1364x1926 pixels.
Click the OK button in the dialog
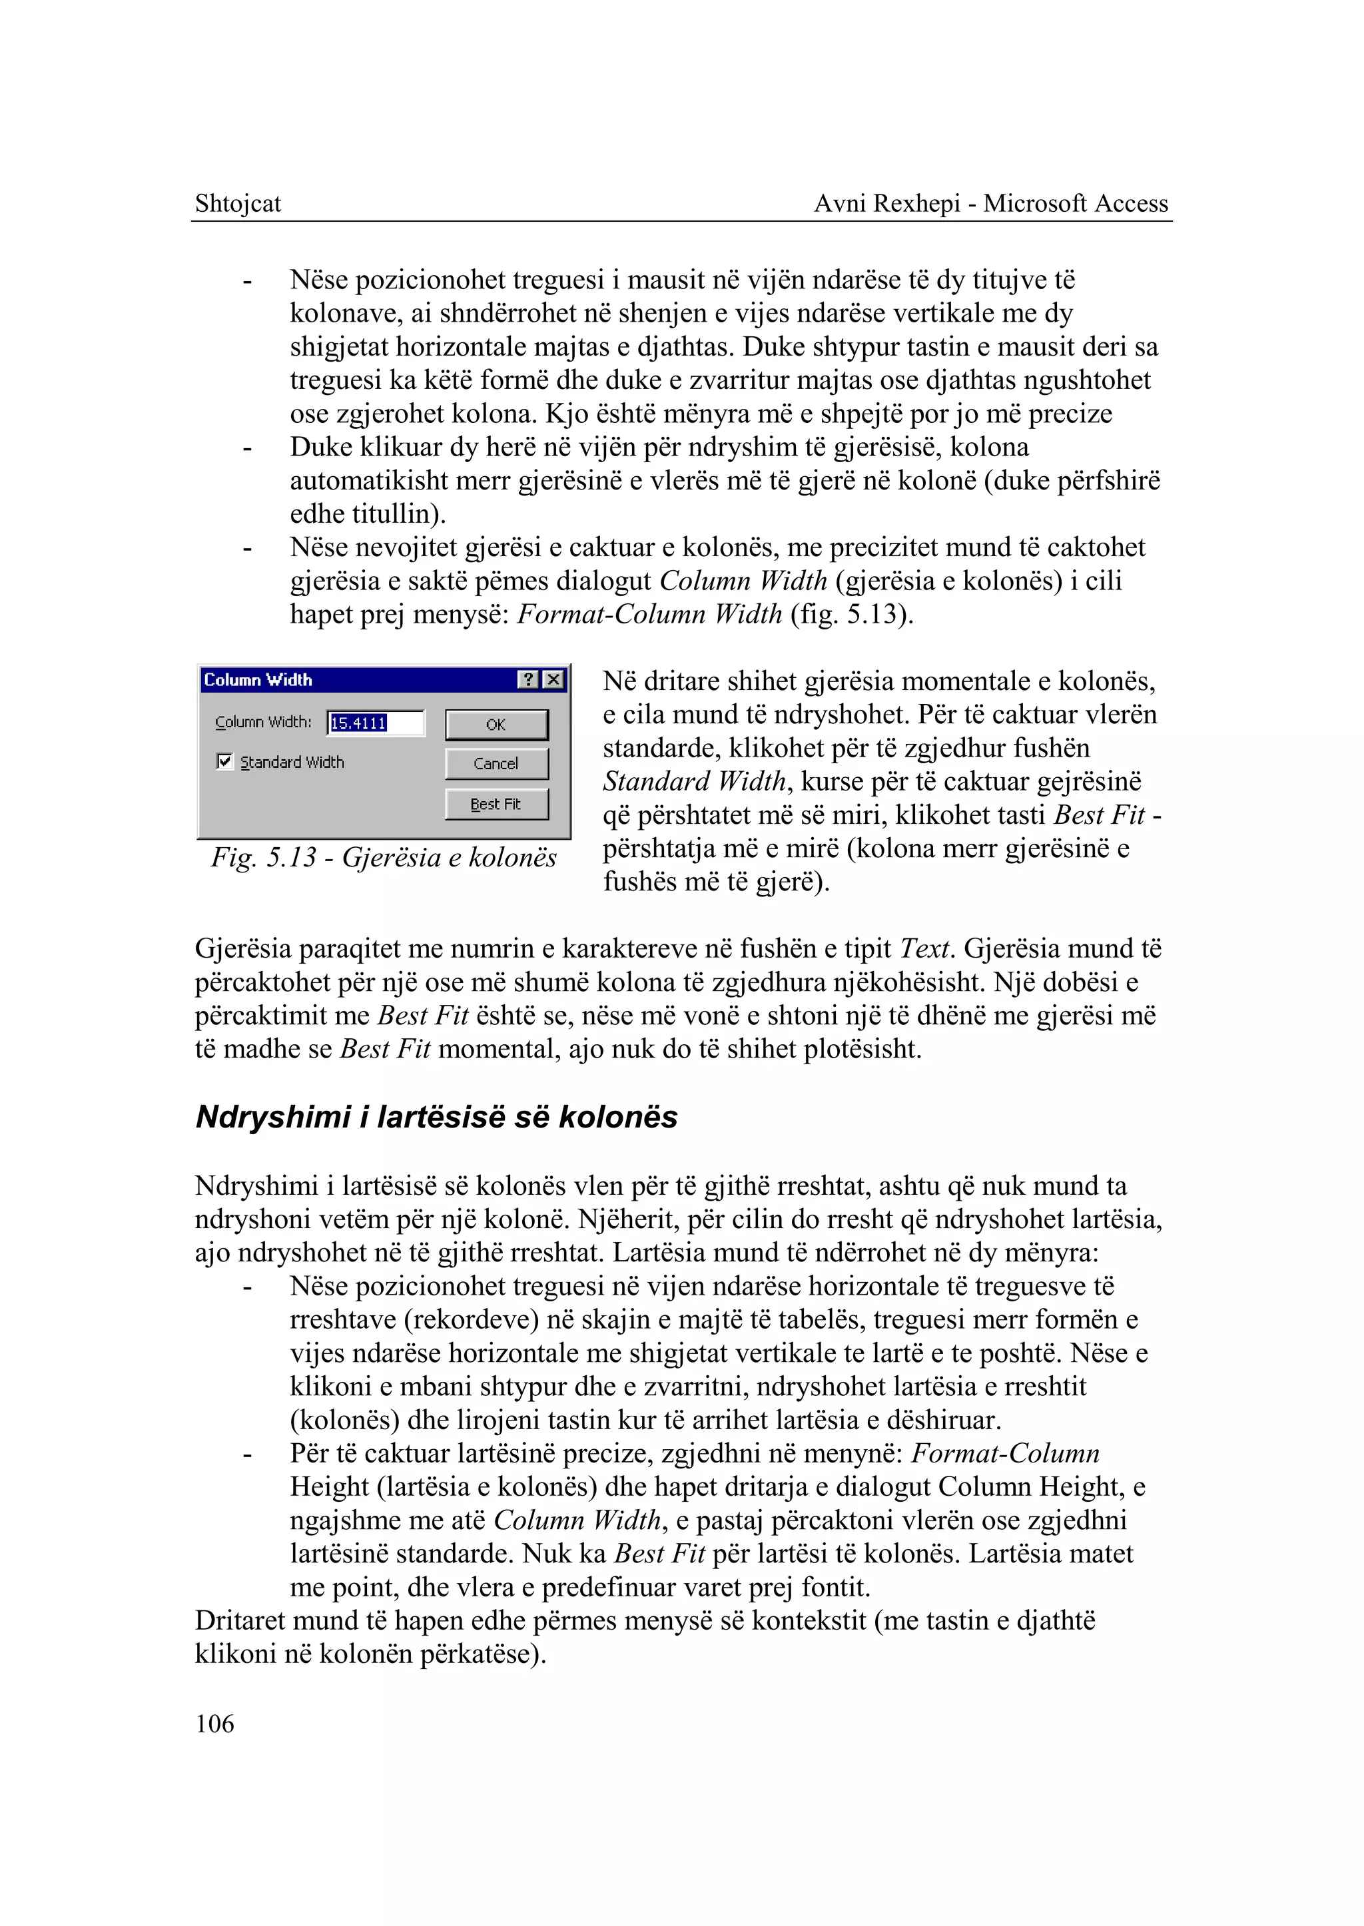pos(496,724)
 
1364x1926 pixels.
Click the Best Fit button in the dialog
pos(496,804)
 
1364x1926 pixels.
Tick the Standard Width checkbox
pos(224,761)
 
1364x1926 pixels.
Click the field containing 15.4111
pos(374,723)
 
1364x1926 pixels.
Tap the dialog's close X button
pos(553,679)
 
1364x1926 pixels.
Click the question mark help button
pos(527,679)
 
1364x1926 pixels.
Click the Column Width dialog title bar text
pos(258,679)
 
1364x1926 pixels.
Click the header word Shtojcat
pos(238,203)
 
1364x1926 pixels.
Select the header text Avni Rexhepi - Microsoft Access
pos(990,203)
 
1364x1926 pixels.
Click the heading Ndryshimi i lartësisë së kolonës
pos(436,1116)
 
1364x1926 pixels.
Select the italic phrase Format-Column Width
pos(649,614)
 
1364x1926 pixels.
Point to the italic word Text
pos(924,948)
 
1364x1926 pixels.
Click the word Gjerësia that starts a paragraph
pos(244,948)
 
